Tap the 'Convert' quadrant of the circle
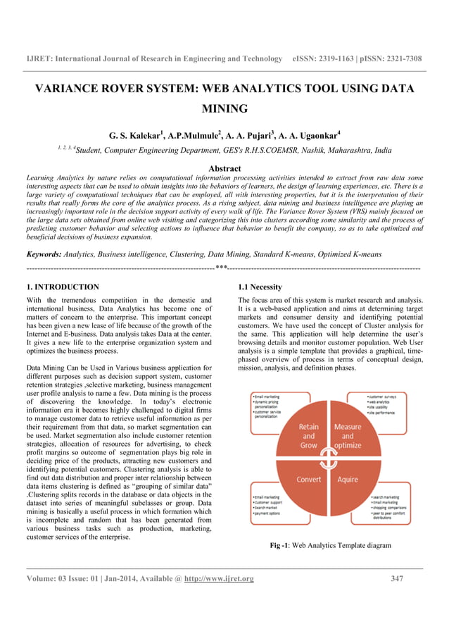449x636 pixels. click(x=309, y=480)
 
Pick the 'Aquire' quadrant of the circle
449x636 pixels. click(x=348, y=480)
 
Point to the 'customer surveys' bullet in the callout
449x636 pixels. click(x=386, y=397)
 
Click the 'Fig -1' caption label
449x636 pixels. click(x=279, y=546)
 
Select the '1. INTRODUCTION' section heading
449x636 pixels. click(x=62, y=287)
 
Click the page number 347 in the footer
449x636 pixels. click(x=397, y=579)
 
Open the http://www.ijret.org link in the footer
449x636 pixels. click(x=218, y=579)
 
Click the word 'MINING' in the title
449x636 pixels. click(x=224, y=109)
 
